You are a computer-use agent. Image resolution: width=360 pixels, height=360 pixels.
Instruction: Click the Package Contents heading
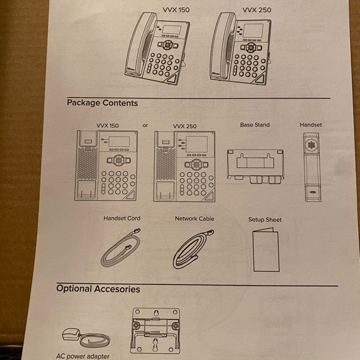(102, 103)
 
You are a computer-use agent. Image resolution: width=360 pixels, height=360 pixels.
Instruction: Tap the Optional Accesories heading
(98, 289)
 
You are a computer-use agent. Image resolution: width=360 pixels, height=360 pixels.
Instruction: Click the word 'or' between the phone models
(145, 125)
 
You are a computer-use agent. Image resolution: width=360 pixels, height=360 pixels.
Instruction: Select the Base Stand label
(255, 125)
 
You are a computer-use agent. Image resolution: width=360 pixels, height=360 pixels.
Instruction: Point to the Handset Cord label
(122, 218)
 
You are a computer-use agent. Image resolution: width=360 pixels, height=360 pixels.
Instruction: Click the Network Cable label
(194, 218)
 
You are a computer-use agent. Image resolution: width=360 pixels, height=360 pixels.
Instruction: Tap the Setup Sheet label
(264, 220)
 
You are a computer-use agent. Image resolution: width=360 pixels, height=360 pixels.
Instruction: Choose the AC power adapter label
(83, 356)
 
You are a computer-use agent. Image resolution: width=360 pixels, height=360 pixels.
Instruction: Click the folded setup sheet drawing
(266, 250)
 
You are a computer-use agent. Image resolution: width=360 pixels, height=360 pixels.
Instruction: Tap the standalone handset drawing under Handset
(312, 167)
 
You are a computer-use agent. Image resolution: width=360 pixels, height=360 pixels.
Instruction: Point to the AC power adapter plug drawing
(71, 335)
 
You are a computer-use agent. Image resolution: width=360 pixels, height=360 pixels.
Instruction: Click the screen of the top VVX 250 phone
(253, 30)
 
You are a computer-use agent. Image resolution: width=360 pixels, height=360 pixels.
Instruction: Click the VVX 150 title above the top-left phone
(176, 10)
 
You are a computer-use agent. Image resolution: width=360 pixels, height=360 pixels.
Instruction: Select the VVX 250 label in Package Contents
(184, 126)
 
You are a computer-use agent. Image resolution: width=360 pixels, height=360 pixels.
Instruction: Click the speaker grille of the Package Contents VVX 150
(88, 163)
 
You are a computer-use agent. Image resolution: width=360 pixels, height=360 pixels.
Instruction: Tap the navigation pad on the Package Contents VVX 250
(196, 164)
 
